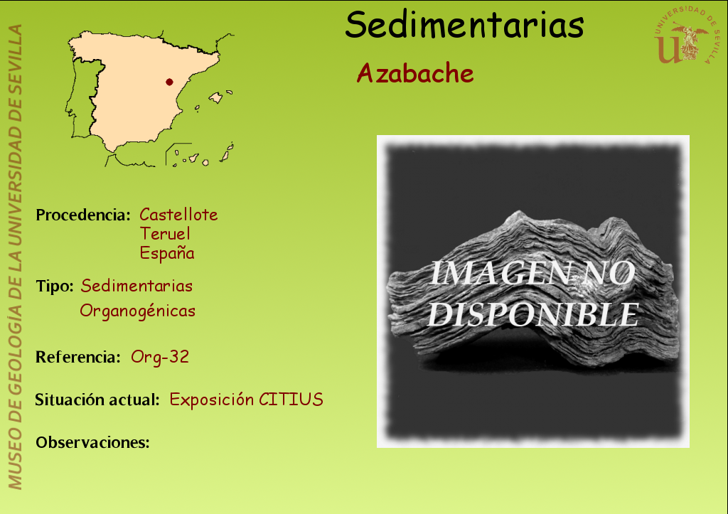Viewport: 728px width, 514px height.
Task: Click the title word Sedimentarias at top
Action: pyautogui.click(x=464, y=25)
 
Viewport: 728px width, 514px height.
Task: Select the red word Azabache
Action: pyautogui.click(x=415, y=73)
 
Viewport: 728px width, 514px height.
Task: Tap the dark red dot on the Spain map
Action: pyautogui.click(x=169, y=82)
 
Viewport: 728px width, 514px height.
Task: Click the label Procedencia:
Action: pyautogui.click(x=83, y=215)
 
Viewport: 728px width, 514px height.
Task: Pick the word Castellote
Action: pyautogui.click(x=178, y=215)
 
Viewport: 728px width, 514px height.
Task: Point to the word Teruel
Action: pyautogui.click(x=165, y=234)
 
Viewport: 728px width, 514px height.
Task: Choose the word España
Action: pyautogui.click(x=167, y=253)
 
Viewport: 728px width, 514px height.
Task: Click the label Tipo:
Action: pyautogui.click(x=55, y=286)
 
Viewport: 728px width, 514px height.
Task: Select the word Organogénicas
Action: pyautogui.click(x=137, y=311)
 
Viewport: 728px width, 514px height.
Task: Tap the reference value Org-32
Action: pyautogui.click(x=160, y=357)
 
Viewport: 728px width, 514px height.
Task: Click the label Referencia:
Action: pyautogui.click(x=78, y=357)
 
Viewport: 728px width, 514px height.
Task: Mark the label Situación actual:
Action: pyautogui.click(x=97, y=400)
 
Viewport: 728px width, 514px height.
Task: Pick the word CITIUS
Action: pyautogui.click(x=291, y=400)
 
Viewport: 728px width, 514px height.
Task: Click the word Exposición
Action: pyautogui.click(x=212, y=400)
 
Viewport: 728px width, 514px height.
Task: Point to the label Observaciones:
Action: pyautogui.click(x=93, y=442)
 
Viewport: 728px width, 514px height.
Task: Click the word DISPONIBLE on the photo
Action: pyautogui.click(x=533, y=315)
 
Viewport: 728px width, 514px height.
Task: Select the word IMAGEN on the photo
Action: pyautogui.click(x=500, y=274)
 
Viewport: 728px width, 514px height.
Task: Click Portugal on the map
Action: pyautogui.click(x=84, y=100)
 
